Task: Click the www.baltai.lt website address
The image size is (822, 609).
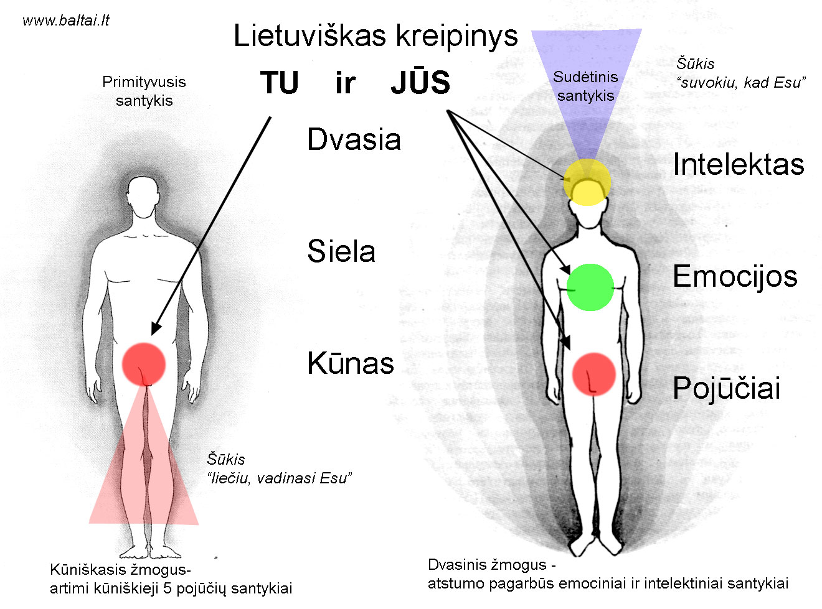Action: [66, 21]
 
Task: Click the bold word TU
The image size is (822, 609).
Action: [279, 83]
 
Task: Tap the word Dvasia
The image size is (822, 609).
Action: [354, 139]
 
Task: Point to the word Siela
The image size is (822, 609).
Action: [341, 251]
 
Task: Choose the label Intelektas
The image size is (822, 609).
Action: [739, 164]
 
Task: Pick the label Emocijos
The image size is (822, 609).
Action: [735, 277]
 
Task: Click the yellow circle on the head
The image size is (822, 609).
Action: [587, 182]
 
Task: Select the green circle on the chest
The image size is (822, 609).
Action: [590, 287]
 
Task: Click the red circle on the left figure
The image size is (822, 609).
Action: [144, 364]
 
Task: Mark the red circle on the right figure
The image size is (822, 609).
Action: [593, 374]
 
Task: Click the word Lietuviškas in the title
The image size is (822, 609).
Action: [310, 36]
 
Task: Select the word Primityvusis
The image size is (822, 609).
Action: [144, 82]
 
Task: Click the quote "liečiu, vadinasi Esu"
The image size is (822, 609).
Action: [279, 478]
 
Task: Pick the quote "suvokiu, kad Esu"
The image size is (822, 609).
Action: [741, 83]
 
